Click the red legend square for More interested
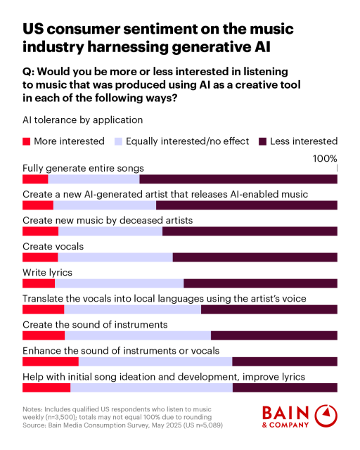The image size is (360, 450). pyautogui.click(x=27, y=141)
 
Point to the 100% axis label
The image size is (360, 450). pyautogui.click(x=325, y=159)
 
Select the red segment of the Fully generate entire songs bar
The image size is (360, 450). pyautogui.click(x=34, y=179)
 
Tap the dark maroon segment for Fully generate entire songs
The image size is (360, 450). pyautogui.click(x=238, y=179)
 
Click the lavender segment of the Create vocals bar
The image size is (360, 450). pyautogui.click(x=115, y=257)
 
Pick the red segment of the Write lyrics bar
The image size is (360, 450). pyautogui.click(x=38, y=283)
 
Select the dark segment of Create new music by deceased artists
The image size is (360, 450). pyautogui.click(x=250, y=231)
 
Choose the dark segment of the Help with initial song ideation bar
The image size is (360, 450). pyautogui.click(x=285, y=387)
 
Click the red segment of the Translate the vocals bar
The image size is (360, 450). pyautogui.click(x=43, y=309)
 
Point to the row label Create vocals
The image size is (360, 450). pyautogui.click(x=53, y=246)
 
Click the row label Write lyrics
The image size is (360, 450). pyautogui.click(x=47, y=272)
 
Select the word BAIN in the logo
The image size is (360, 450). pyautogui.click(x=285, y=413)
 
